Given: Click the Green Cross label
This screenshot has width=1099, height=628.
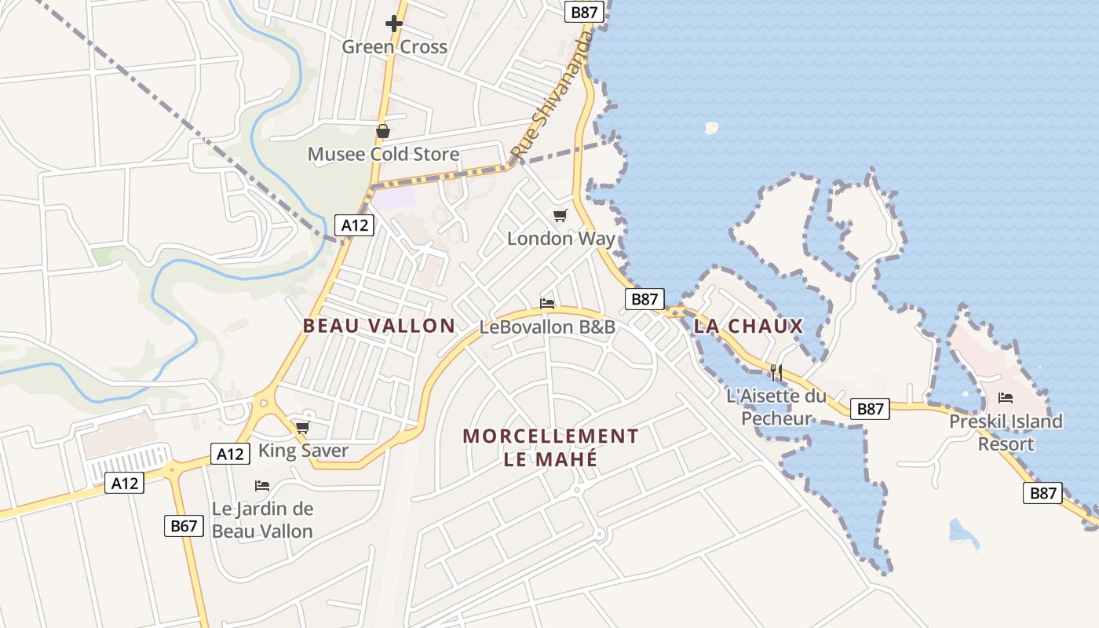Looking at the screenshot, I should click(394, 47).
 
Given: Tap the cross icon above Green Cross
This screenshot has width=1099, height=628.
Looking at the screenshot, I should click(394, 24).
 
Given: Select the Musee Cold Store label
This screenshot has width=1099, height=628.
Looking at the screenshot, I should click(383, 154).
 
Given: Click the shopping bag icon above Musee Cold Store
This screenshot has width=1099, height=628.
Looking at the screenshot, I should click(382, 131).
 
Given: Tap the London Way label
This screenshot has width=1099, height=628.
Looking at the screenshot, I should click(560, 239).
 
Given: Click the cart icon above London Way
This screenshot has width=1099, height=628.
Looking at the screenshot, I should click(560, 215).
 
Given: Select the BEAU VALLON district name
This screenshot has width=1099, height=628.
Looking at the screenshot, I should click(379, 326).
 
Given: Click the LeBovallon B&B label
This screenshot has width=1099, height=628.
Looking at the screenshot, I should click(547, 327).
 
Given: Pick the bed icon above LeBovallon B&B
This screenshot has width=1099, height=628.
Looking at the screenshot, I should click(547, 303).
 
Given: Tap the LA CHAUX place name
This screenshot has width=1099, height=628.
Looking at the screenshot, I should click(748, 326).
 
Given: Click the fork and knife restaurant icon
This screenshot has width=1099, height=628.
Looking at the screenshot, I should click(776, 372).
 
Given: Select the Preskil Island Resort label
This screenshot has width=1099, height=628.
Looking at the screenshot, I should click(1006, 433).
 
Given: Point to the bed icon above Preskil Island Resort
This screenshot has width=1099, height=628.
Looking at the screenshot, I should click(1006, 398).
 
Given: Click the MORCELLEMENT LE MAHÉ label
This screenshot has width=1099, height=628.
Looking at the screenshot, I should click(550, 447).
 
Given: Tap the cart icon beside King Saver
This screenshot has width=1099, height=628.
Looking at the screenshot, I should click(302, 428).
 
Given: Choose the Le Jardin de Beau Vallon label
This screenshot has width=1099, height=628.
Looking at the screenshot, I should click(262, 520).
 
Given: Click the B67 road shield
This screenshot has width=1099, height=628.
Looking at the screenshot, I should click(184, 526).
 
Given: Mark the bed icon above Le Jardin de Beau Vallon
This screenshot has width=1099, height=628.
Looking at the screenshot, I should click(262, 486).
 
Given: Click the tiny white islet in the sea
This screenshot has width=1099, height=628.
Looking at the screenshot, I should click(711, 127).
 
